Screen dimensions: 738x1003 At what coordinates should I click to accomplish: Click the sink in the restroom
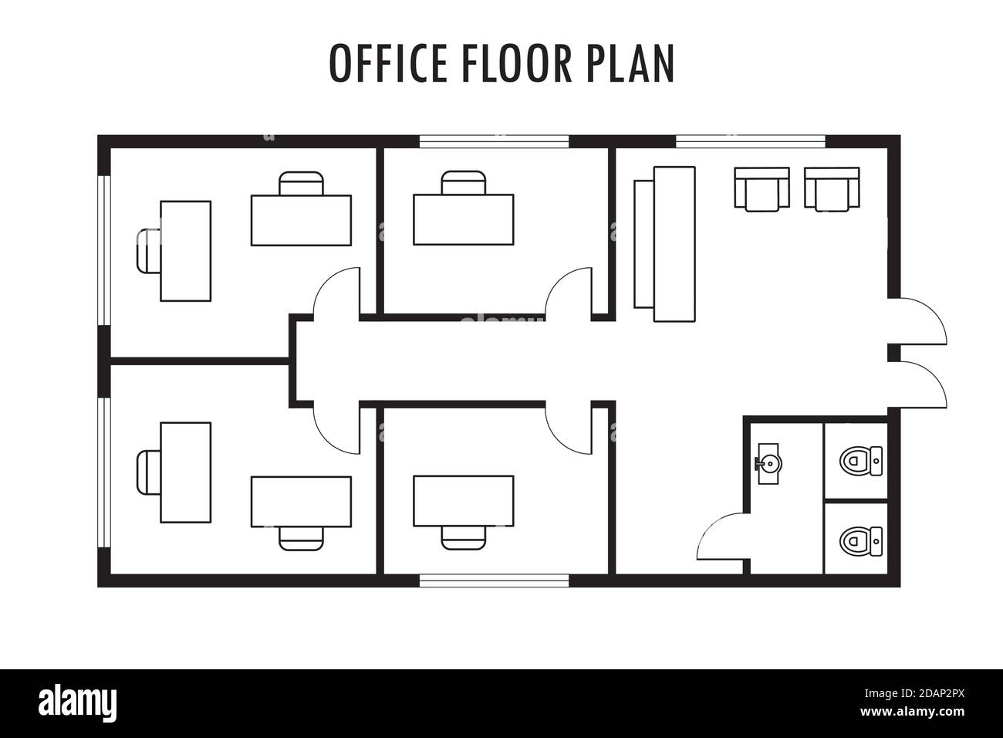(768, 463)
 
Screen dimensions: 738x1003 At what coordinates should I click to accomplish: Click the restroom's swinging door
(719, 536)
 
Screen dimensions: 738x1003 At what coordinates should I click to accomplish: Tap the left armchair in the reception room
(762, 188)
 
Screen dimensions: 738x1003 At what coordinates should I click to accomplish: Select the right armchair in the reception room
(832, 188)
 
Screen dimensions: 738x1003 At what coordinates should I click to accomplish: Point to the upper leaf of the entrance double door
(922, 320)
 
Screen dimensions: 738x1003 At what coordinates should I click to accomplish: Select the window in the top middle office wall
(495, 141)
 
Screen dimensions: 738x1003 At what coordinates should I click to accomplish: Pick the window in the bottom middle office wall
(495, 581)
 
